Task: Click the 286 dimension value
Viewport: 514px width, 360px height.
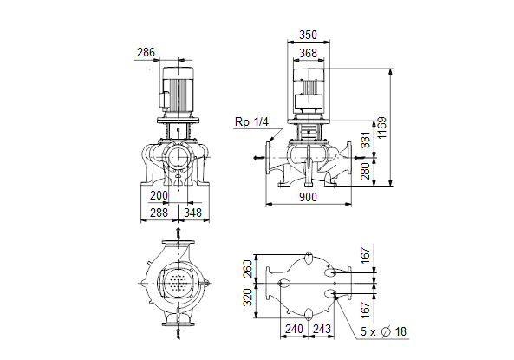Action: point(146,53)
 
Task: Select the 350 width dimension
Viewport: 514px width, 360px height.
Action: point(308,35)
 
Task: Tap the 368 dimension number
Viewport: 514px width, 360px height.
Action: point(308,53)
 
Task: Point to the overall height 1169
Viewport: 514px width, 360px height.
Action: point(382,128)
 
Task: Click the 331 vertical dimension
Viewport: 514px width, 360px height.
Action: point(365,141)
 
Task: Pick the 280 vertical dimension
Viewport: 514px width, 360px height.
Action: point(365,171)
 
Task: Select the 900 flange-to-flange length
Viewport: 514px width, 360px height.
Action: point(308,197)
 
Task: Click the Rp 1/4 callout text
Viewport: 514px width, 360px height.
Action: point(251,122)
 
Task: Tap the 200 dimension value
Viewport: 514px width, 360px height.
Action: point(159,195)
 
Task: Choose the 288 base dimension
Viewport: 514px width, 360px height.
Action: point(159,213)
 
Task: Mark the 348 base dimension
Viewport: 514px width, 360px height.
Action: point(192,213)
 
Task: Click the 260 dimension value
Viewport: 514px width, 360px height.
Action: point(248,269)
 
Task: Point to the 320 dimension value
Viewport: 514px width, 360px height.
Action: point(248,298)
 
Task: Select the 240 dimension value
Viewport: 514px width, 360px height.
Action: point(294,329)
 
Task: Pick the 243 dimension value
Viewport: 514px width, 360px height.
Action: point(322,329)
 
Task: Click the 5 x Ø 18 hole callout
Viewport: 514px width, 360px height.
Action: point(383,331)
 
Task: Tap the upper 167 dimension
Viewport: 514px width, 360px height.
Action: point(365,255)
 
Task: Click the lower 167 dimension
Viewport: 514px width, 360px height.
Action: point(365,310)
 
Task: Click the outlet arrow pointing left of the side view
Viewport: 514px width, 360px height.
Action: point(259,158)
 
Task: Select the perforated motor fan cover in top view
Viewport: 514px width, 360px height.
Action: point(178,283)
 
